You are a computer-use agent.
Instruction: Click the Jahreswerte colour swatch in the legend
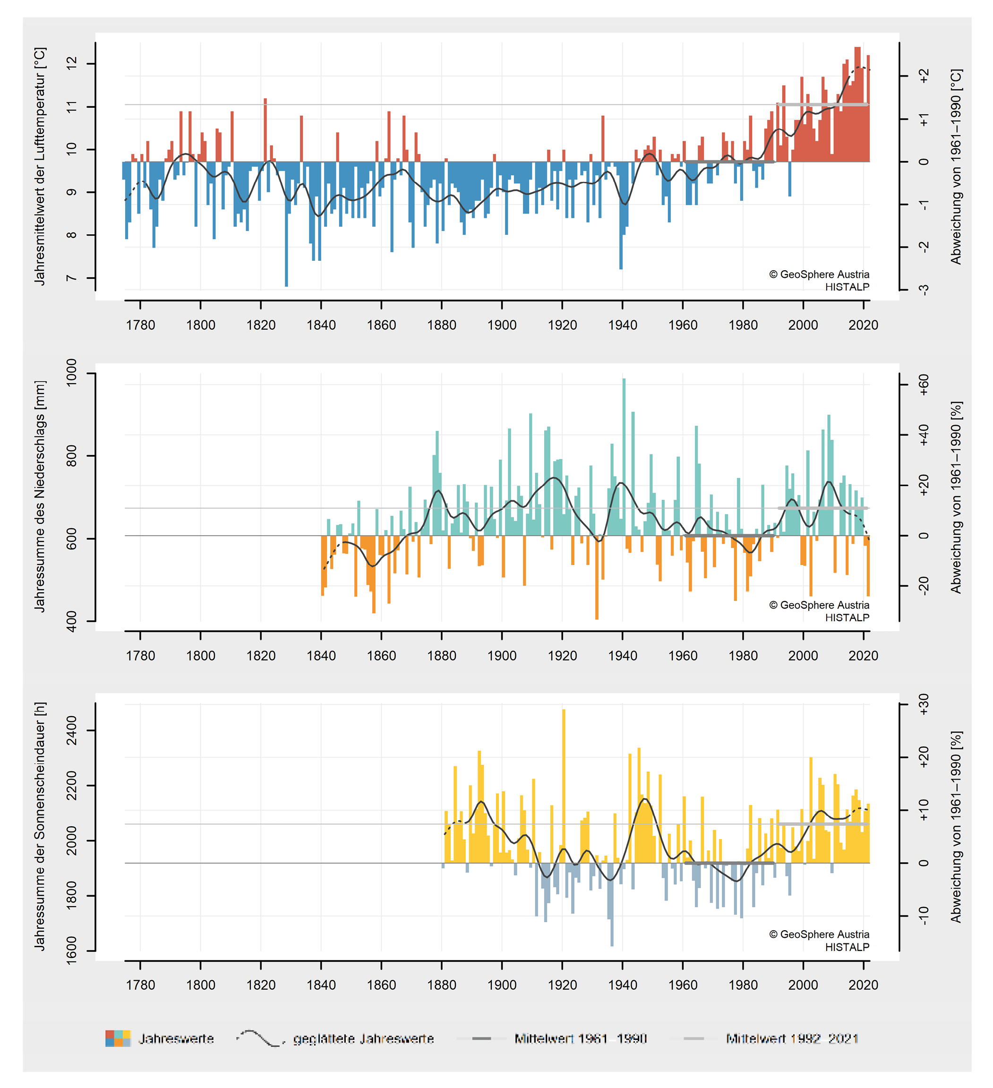118,1038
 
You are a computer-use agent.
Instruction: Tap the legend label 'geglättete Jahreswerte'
363,1038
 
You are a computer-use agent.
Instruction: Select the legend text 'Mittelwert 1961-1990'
580,1038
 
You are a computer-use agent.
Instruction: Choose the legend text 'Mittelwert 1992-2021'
792,1038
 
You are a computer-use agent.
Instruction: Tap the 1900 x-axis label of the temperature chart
502,325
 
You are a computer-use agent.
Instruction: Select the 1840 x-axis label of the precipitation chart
321,656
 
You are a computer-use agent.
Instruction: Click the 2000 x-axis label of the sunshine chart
803,985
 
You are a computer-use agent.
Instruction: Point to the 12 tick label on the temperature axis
72,64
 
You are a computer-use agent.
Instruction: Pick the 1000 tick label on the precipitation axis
72,372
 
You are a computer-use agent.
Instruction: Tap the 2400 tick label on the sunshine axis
72,731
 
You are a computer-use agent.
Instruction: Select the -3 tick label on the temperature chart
924,290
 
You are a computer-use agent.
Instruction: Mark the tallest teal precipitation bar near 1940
625,456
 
